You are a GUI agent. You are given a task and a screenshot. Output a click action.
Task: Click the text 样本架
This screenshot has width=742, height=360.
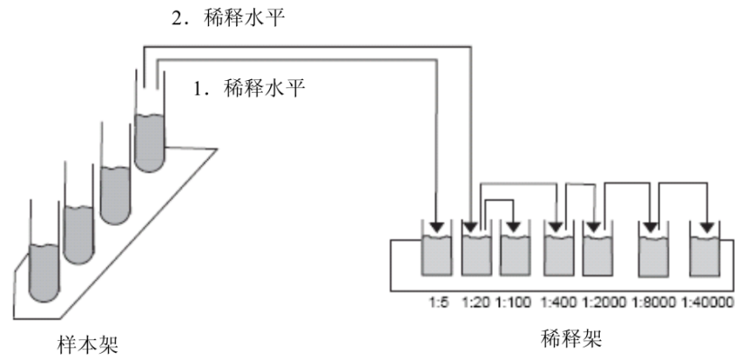(x=91, y=342)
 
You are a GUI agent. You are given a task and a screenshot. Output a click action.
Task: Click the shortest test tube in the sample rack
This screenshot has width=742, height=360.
(x=46, y=261)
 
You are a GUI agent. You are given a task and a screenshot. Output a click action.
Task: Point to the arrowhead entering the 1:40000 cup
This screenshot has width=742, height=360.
(x=706, y=225)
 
